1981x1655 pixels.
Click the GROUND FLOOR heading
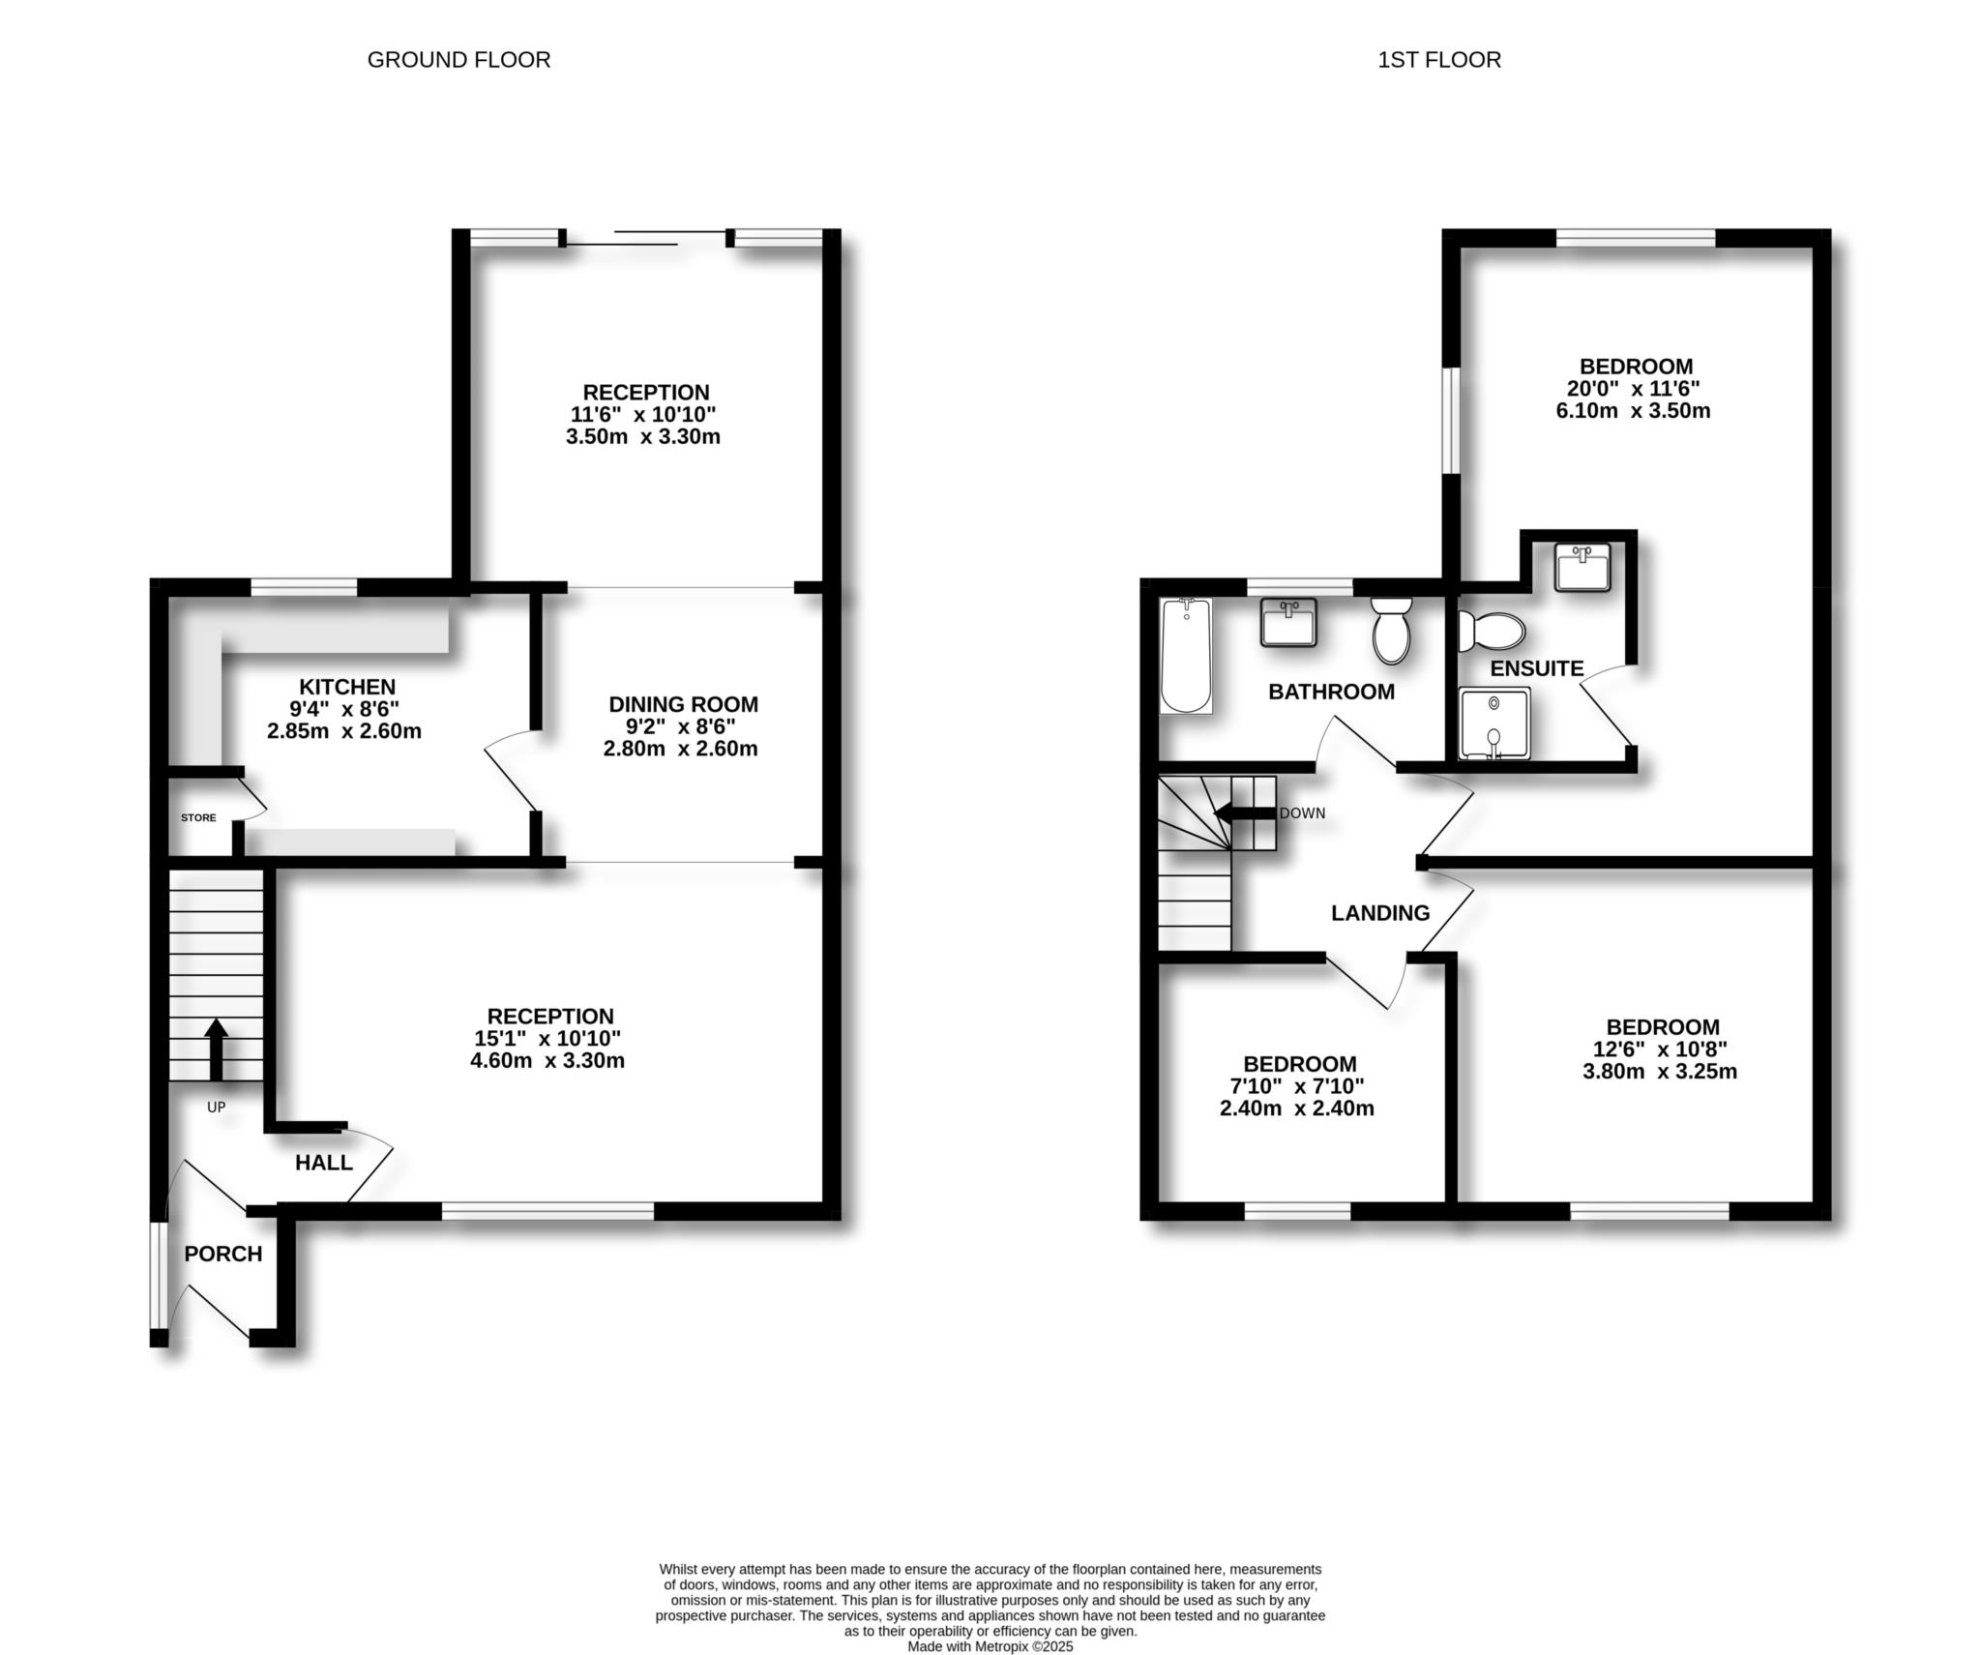[458, 60]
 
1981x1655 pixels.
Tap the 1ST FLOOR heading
[1438, 60]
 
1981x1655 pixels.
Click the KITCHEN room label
[346, 687]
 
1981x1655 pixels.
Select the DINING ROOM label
[683, 704]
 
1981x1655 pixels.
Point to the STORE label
[198, 817]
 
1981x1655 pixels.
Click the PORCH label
[223, 1254]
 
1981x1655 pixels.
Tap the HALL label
[324, 1163]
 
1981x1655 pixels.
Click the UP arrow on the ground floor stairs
[216, 1049]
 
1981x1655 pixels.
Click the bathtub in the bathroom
[1186, 656]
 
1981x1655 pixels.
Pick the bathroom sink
[1288, 622]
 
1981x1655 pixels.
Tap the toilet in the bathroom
[1392, 630]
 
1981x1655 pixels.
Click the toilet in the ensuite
[1491, 631]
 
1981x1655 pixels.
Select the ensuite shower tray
[1494, 724]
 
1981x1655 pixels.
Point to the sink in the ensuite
[1582, 567]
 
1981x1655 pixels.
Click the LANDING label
[1380, 913]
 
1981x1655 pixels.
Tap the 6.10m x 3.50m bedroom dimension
[1633, 410]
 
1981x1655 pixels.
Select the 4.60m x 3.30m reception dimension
[547, 1060]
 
